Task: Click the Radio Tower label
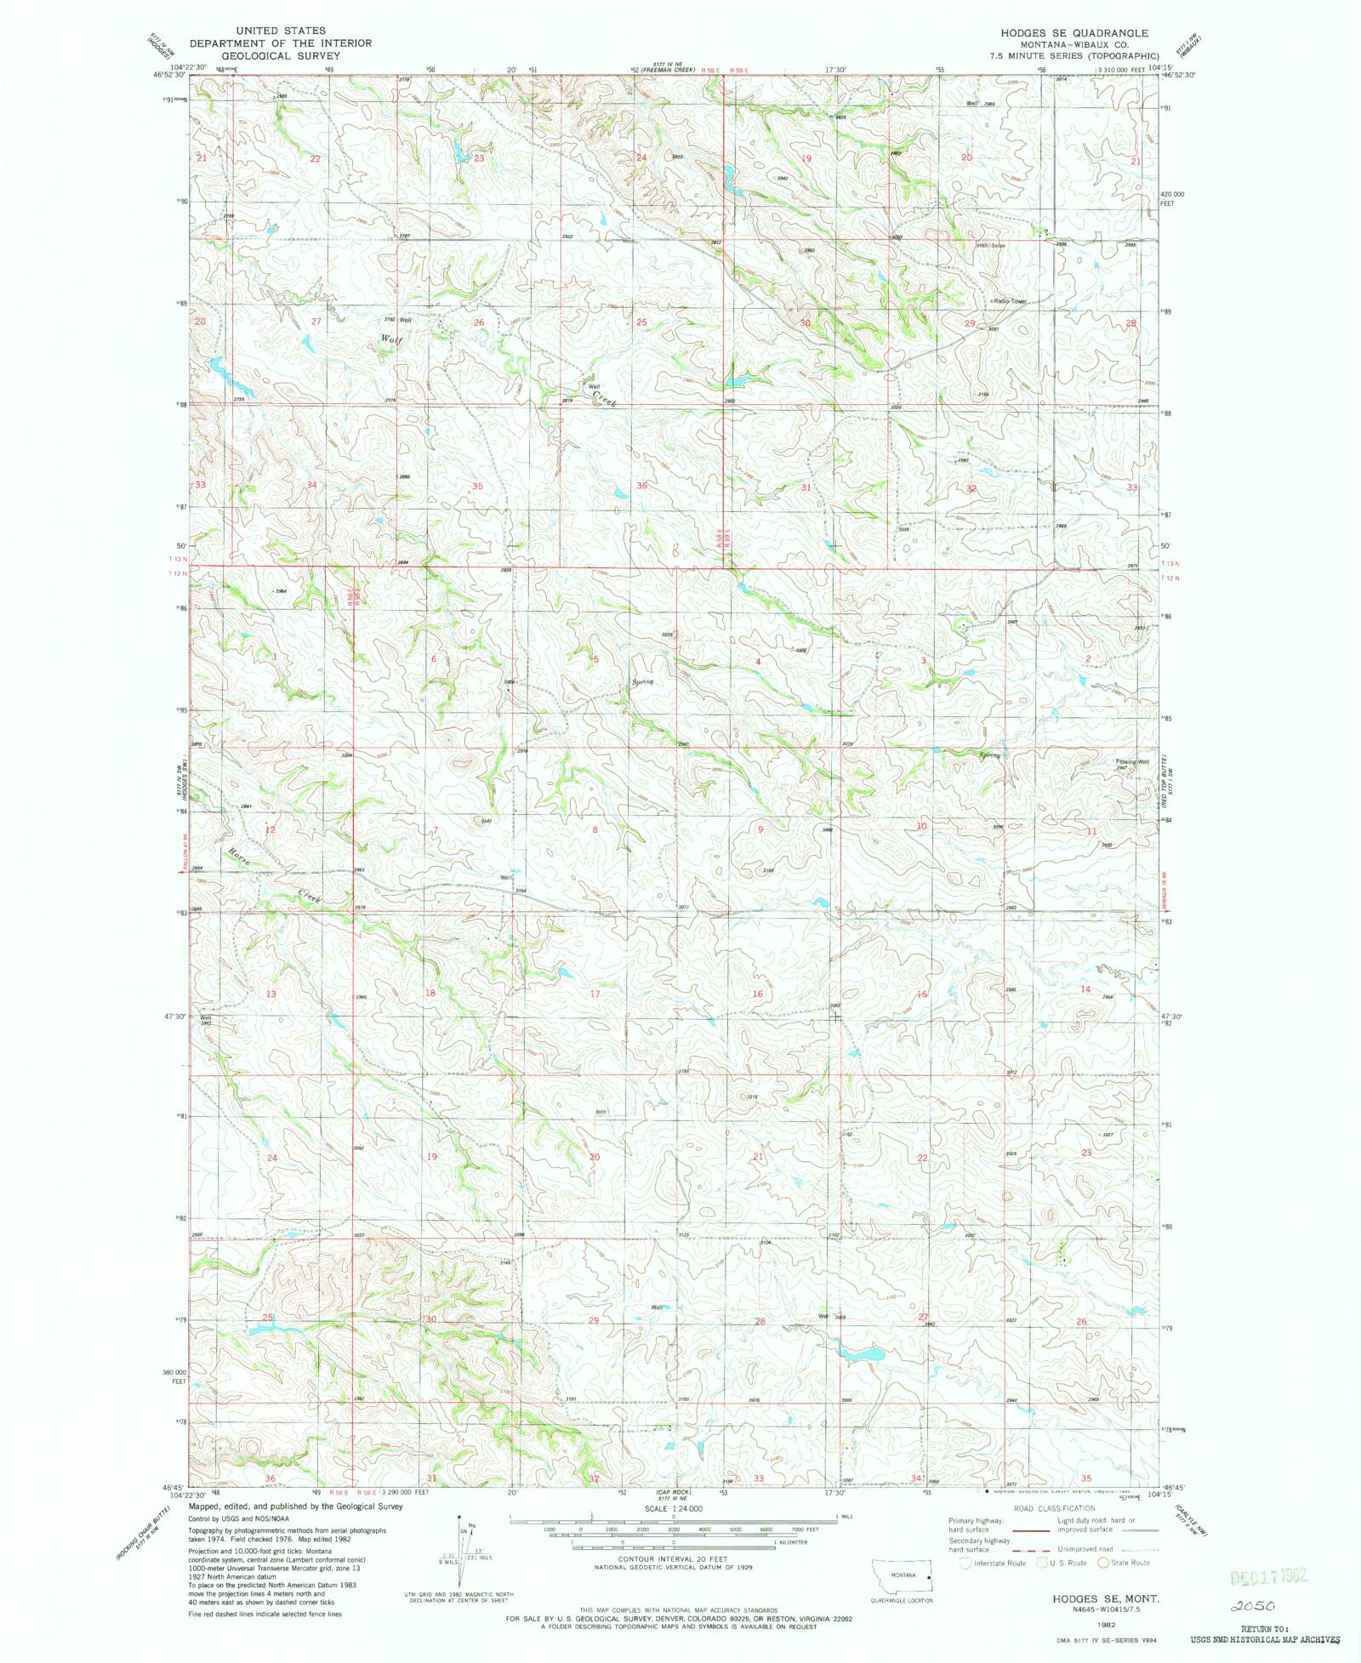point(1011,301)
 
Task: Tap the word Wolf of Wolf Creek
point(390,339)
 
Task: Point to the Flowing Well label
point(1133,761)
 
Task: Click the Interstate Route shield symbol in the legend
point(965,1563)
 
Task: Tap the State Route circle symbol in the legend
point(1103,1563)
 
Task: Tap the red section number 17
point(595,994)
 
